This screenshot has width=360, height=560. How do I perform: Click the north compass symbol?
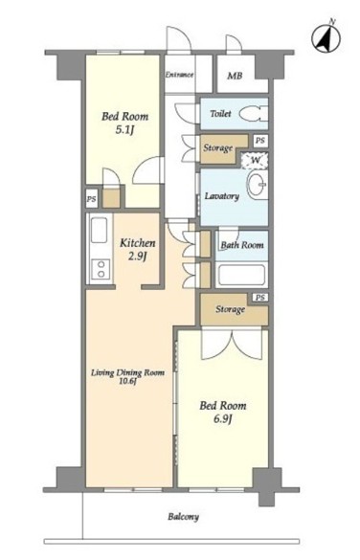(x=326, y=38)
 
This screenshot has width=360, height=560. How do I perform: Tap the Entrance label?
(x=179, y=75)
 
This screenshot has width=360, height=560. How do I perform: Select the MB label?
(x=235, y=76)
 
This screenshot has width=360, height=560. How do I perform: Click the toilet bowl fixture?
(x=253, y=114)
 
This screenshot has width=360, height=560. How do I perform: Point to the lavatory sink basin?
(x=257, y=185)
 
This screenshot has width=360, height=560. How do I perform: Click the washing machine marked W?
(x=255, y=160)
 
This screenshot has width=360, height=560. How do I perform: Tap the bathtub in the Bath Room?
(x=241, y=275)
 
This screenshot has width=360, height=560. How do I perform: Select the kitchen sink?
(x=99, y=231)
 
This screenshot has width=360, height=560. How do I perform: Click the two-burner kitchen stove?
(x=101, y=269)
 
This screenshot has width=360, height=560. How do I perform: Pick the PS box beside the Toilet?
(x=260, y=141)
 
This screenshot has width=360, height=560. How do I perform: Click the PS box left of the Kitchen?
(x=92, y=198)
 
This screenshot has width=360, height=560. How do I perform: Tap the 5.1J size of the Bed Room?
(x=124, y=130)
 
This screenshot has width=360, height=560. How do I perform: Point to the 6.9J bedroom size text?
(x=223, y=418)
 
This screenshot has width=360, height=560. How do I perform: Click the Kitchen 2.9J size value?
(x=137, y=257)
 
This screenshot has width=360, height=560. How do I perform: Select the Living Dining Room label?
(x=127, y=373)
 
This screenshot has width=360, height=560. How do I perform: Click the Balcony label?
(x=184, y=516)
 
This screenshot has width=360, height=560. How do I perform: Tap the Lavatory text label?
(x=222, y=196)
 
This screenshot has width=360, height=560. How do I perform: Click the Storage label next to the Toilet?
(x=218, y=147)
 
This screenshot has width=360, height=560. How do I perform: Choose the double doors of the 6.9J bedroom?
(x=232, y=345)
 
